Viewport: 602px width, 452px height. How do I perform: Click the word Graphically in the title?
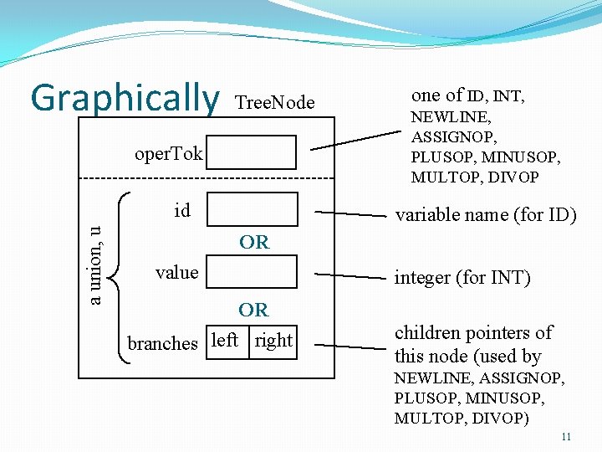click(x=124, y=98)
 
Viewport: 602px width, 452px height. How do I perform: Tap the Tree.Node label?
click(x=275, y=103)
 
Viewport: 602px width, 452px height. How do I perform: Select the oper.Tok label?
click(x=169, y=154)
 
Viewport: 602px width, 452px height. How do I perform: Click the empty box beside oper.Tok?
click(x=253, y=152)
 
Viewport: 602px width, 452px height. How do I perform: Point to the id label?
click(x=182, y=211)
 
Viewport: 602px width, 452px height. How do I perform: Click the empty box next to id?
click(x=253, y=209)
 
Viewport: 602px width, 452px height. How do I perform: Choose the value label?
click(x=177, y=273)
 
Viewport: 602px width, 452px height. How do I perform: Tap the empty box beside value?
click(x=253, y=273)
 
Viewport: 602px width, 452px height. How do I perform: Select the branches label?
click(x=162, y=343)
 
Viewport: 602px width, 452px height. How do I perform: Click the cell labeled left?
click(x=227, y=341)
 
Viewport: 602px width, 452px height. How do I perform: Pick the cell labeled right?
click(x=273, y=341)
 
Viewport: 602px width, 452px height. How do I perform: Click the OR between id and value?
click(x=253, y=243)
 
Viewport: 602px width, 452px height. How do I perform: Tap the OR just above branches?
click(x=253, y=311)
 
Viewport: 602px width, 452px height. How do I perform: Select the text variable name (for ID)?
click(x=486, y=215)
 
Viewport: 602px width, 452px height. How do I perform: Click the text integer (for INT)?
click(x=462, y=278)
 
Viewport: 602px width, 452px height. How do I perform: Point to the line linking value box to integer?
click(x=349, y=275)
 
